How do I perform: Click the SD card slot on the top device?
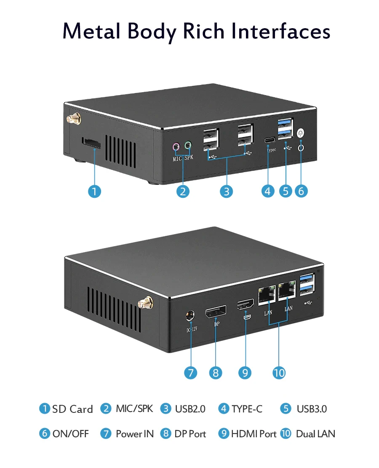point(91,143)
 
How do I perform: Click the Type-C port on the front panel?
point(269,140)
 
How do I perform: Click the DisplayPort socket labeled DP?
point(215,313)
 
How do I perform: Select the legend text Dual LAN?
point(315,434)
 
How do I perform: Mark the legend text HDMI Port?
point(254,434)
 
